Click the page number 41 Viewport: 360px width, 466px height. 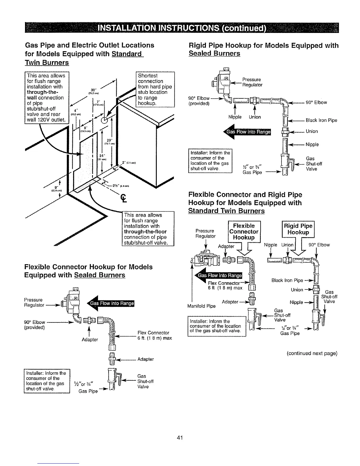click(180, 438)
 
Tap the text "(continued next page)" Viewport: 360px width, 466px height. click(311, 353)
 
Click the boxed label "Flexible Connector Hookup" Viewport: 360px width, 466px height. click(244, 232)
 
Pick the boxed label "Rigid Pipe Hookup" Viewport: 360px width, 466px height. click(298, 229)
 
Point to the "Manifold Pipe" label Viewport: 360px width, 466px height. click(201, 306)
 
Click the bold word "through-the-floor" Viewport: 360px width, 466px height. click(145, 232)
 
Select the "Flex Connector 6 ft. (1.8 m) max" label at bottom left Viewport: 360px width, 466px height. click(154, 335)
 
